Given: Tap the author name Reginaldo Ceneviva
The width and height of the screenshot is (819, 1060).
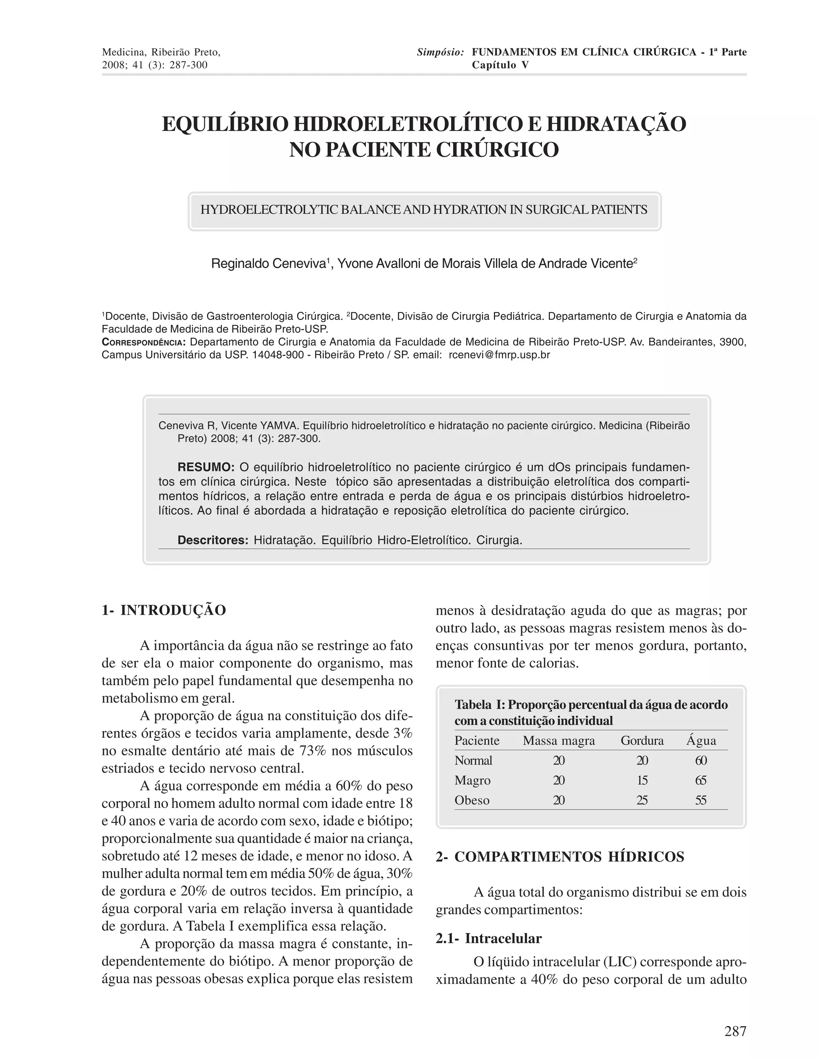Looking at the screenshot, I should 268,264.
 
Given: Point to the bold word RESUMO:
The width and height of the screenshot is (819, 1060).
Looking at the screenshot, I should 206,467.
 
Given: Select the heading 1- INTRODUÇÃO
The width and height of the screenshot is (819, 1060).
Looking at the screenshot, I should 164,610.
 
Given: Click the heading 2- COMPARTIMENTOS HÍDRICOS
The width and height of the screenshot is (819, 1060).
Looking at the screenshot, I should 559,857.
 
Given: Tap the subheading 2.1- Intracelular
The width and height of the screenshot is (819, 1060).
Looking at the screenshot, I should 488,938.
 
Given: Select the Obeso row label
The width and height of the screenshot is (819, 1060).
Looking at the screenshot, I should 471,800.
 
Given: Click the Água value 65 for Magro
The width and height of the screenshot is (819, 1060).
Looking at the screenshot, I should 701,780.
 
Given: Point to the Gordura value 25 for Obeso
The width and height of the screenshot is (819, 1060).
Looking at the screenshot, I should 642,800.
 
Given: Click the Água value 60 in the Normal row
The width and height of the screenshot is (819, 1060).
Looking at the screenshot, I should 701,760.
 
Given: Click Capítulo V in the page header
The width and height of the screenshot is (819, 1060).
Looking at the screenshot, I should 500,65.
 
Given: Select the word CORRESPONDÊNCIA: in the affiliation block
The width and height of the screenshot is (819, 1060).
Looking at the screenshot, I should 144,342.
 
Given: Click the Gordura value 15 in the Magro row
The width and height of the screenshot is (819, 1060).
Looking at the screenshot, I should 642,780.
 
